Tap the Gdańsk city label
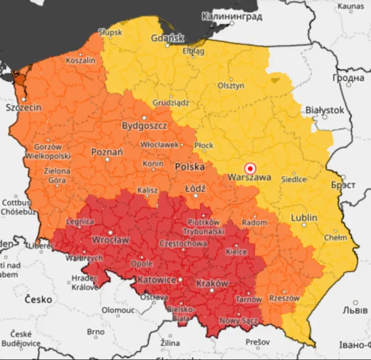pos(167,39)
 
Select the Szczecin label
pos(23,108)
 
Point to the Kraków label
pos(212,283)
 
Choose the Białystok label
pos(325,110)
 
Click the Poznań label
pos(107,152)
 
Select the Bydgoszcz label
pos(144,125)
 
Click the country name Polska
pos(190,166)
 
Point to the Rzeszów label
pos(284,298)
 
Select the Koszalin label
pos(81,60)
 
